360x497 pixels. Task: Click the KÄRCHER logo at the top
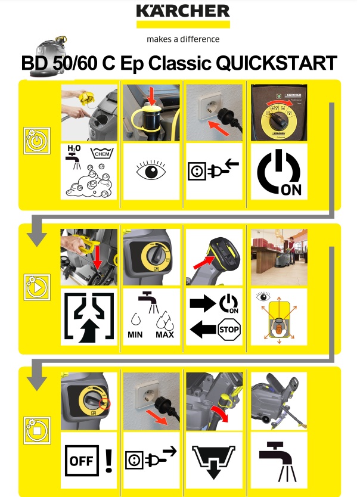point(183,11)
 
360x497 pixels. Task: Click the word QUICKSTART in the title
point(277,63)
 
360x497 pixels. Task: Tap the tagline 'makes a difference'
point(183,39)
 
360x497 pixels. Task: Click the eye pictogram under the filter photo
point(151,170)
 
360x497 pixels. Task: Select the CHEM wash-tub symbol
point(102,153)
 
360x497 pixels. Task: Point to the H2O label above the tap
point(74,148)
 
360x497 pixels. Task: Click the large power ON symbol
point(279,173)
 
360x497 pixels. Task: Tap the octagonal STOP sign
point(229,330)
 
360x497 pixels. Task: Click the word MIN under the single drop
point(135,335)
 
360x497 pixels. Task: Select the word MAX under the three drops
point(165,335)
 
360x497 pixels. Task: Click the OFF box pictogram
point(82,461)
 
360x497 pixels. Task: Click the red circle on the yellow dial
point(104,404)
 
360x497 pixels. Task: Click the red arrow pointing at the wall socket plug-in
point(219,128)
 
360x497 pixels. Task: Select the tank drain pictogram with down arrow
point(213,462)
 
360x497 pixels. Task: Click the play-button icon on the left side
point(37,287)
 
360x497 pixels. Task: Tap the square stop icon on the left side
point(37,430)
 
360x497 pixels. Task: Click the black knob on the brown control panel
point(278,120)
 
